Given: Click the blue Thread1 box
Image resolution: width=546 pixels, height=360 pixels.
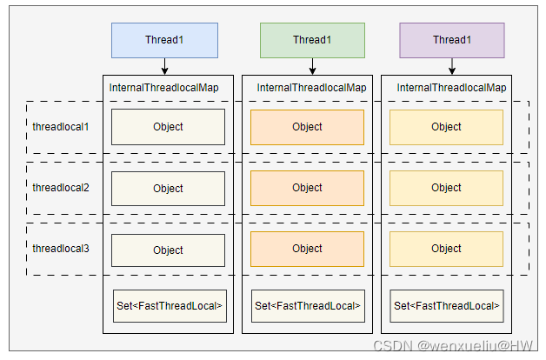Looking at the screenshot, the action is (164, 40).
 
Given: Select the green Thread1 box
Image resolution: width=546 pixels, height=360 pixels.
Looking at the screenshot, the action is (312, 40).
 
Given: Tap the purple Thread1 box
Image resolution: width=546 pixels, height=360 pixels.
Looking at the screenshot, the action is (452, 40).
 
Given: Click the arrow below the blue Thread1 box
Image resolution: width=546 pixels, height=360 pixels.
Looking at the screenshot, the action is (164, 66).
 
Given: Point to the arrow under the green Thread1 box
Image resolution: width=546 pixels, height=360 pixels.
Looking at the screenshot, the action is (312, 66).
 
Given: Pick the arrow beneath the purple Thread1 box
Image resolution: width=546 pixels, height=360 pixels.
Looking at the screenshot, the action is (452, 66).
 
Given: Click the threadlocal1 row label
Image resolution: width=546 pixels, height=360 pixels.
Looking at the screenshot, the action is (61, 127).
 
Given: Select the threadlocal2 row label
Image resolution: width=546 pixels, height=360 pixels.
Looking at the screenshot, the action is (61, 188).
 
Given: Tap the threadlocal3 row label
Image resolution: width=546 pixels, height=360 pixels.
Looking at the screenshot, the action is (61, 249).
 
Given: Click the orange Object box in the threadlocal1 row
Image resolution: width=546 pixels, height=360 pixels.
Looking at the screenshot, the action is (307, 127).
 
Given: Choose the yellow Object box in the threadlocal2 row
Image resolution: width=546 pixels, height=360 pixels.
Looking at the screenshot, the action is (446, 188).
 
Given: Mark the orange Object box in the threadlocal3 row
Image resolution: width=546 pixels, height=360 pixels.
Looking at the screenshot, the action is (307, 249).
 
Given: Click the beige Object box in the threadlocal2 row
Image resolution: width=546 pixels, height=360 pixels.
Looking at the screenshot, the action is (168, 189).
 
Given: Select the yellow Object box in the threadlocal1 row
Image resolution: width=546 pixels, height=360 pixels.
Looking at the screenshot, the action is (446, 127).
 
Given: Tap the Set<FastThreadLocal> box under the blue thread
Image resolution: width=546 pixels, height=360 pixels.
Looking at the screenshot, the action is (170, 306).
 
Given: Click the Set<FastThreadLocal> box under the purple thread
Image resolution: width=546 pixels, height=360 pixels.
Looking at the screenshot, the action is (447, 306).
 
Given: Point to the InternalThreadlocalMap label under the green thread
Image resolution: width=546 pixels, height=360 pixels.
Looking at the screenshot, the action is (311, 88).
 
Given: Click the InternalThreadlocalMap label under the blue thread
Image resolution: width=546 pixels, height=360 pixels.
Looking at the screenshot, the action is (164, 88).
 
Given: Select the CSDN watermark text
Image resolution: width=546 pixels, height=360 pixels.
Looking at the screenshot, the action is (453, 346).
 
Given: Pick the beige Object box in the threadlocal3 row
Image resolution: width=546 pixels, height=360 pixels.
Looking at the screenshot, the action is (168, 250).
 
